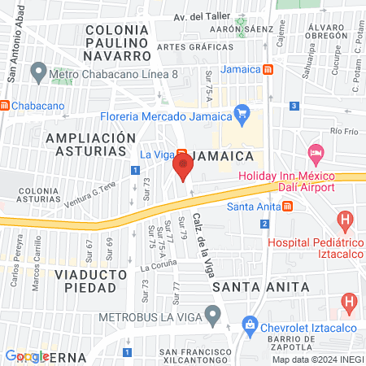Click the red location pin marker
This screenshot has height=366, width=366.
182,168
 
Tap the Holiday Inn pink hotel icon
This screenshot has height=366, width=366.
316,153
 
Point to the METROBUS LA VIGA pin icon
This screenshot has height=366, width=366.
213,313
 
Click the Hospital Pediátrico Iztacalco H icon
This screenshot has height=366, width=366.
346,220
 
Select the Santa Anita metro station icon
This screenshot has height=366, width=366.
289,206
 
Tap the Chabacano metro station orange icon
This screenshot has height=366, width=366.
5,105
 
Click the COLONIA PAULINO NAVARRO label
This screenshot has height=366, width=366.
116,42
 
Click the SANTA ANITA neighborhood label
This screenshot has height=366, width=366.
261,287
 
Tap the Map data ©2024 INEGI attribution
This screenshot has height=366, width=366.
317,359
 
